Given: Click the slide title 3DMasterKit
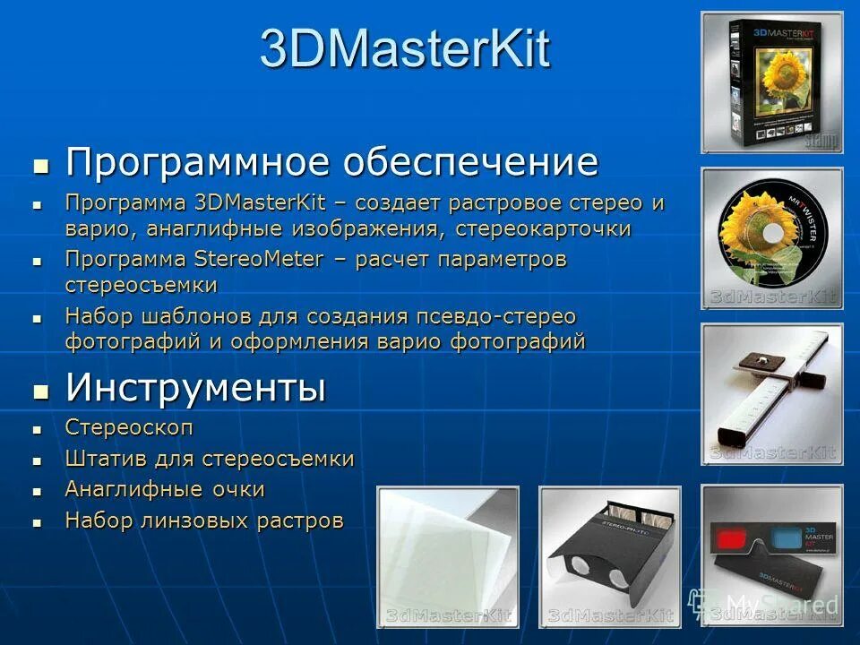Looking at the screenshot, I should (404, 48).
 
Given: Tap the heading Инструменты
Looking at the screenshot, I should (195, 388).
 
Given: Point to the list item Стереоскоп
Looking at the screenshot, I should (129, 427).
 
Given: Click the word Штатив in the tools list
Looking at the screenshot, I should (98, 459).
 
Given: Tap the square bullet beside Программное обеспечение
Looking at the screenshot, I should (39, 166).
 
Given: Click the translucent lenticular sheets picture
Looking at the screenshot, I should (447, 555).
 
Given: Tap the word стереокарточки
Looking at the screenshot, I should (543, 228).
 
